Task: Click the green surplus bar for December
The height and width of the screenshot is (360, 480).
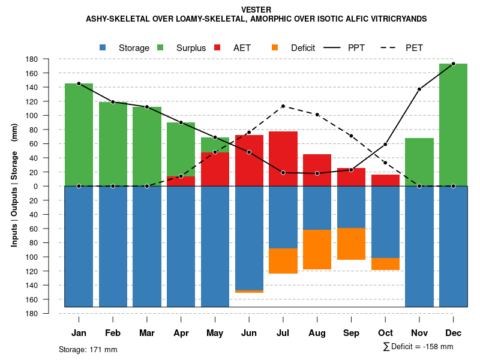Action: (x=453, y=125)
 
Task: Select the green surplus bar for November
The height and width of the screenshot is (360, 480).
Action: (x=419, y=162)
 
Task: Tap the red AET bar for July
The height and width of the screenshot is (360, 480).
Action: (x=283, y=158)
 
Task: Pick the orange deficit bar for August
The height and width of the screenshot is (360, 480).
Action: (x=317, y=250)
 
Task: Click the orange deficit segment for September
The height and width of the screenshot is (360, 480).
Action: (x=351, y=244)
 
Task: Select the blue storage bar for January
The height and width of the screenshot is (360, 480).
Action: (x=79, y=246)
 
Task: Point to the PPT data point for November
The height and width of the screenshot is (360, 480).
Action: (x=419, y=89)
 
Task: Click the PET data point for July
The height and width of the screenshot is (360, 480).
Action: (x=283, y=106)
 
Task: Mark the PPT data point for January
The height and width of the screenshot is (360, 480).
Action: (x=79, y=84)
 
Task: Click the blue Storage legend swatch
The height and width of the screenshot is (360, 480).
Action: (x=103, y=48)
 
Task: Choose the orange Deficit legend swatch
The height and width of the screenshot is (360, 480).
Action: (x=275, y=48)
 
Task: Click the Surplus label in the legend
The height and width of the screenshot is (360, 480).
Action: (x=191, y=48)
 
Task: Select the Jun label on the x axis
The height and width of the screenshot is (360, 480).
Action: (x=249, y=333)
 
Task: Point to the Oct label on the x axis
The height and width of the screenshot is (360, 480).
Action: (x=385, y=333)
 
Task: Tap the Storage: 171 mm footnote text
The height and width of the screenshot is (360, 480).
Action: (x=88, y=349)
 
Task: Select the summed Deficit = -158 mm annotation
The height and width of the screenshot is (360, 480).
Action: (x=418, y=347)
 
